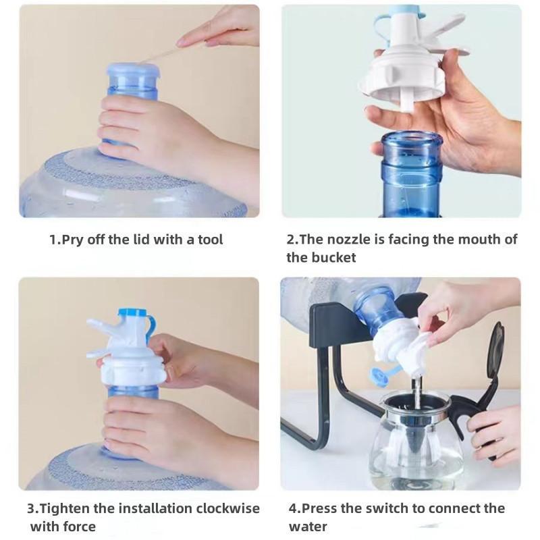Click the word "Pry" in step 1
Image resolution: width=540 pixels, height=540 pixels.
tap(72, 240)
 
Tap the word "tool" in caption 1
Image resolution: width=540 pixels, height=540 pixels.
tap(209, 240)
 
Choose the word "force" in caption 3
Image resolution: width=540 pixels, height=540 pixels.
tap(78, 526)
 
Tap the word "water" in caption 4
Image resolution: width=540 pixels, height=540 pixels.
tap(308, 526)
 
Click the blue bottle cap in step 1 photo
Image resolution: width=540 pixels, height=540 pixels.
tap(133, 70)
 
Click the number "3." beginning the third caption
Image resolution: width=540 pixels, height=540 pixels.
tap(32, 508)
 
